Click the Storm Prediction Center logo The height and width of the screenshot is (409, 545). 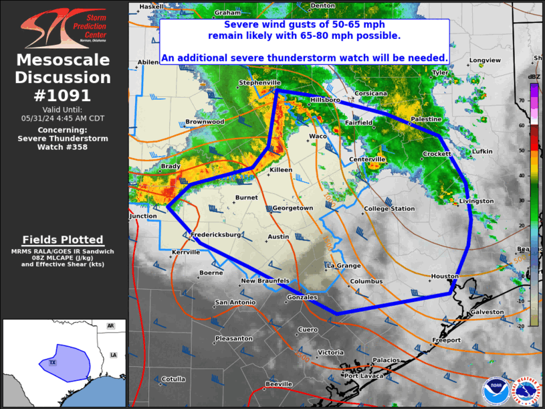(63, 28)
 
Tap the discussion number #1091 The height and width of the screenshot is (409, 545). (63, 95)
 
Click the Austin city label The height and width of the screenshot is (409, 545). (278, 236)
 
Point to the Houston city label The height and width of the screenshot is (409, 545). (445, 276)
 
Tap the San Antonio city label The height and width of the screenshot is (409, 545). (235, 303)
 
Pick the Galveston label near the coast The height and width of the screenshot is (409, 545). (487, 312)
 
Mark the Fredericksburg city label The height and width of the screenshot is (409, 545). (215, 235)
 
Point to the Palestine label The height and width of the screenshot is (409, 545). (426, 118)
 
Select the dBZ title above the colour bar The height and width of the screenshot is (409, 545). (534, 77)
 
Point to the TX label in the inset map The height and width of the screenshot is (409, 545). (52, 362)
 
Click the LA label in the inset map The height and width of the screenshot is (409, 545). (113, 354)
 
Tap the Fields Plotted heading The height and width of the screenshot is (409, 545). (63, 239)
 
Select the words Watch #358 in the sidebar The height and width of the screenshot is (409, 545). (63, 146)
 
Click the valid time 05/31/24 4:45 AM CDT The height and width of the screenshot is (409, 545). (63, 118)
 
